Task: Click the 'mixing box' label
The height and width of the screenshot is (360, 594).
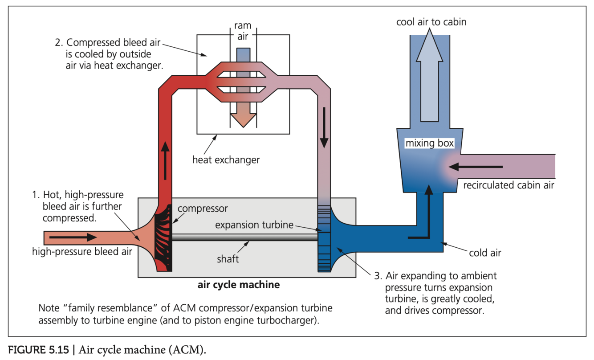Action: click(x=429, y=144)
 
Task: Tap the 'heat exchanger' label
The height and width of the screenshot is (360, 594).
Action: click(x=226, y=159)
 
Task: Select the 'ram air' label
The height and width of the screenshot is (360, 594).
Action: click(x=243, y=31)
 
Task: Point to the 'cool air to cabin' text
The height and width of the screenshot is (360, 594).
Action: click(x=431, y=21)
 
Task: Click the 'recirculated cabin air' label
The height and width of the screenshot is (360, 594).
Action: click(x=509, y=185)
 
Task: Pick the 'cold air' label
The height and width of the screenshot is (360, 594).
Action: click(x=485, y=253)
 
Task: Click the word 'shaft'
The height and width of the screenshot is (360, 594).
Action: click(x=228, y=259)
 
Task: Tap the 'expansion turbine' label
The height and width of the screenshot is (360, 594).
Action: click(x=254, y=225)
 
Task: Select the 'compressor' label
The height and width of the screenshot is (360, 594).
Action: click(x=203, y=209)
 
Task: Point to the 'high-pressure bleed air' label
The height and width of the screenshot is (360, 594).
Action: click(x=82, y=252)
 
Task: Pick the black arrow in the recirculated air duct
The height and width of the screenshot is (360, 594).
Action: click(x=475, y=167)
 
